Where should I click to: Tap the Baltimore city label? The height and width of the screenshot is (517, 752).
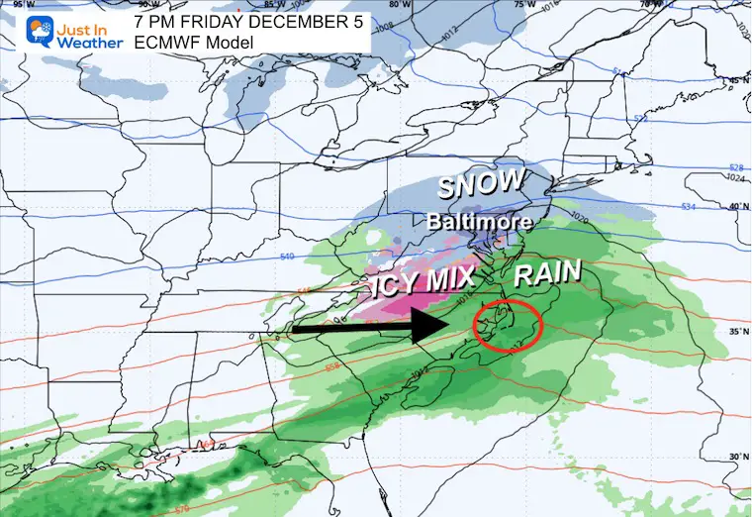tap(480, 222)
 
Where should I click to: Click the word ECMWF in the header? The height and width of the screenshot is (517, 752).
tap(164, 42)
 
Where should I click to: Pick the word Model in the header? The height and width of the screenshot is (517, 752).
tap(225, 42)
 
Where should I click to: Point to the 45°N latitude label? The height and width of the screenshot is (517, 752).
tap(736, 81)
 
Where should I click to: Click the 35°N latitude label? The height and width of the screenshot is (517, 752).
tap(736, 331)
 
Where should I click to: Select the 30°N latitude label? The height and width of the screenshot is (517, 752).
tap(736, 456)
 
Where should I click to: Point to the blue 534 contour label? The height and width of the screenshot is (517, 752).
tap(690, 206)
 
